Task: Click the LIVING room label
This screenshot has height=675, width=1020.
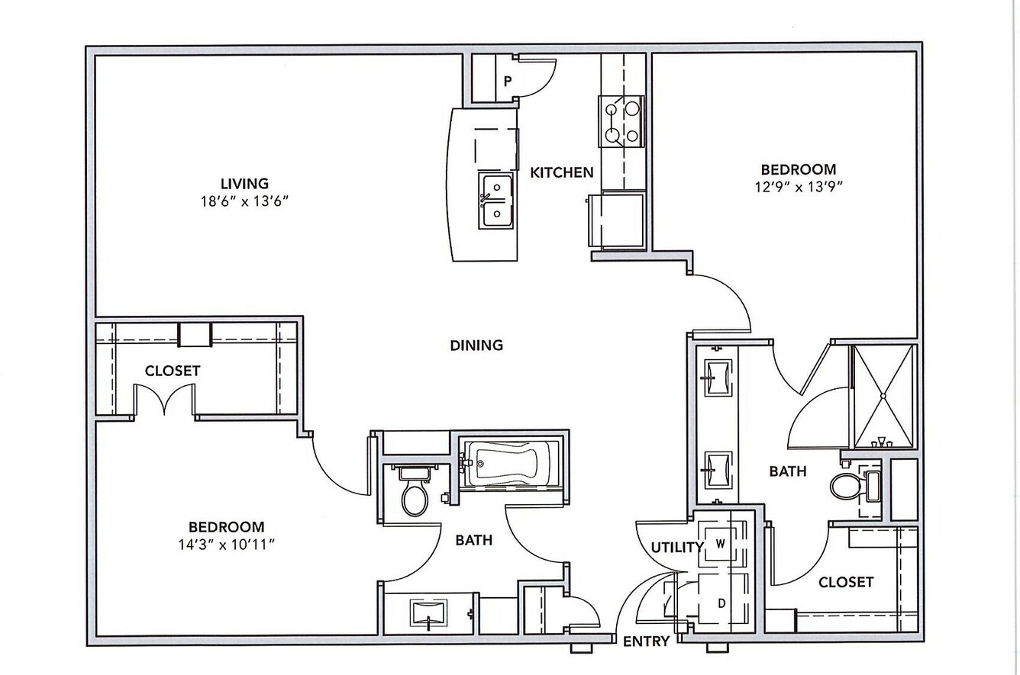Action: coord(244,184)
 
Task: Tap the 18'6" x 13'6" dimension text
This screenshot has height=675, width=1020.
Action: coord(245,201)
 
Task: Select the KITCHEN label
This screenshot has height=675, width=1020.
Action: coord(562,172)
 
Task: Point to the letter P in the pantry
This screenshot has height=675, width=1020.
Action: coord(508,82)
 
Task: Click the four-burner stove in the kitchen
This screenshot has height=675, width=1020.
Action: coord(621,121)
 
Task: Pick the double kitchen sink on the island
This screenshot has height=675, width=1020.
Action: coord(495,201)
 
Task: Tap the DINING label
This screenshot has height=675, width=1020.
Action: coord(476,346)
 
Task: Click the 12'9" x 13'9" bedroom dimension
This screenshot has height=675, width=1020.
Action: coord(799,187)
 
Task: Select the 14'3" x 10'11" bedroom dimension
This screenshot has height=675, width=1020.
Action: coord(227,545)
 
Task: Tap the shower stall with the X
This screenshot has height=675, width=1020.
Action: coord(883,397)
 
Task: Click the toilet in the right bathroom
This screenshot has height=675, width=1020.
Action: coord(855,486)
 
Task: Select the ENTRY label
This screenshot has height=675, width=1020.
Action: coord(646,641)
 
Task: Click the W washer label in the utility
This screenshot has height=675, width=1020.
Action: coord(721,544)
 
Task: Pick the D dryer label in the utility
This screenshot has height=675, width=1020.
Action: coord(721,603)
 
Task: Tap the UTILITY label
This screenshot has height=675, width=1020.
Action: coord(677,548)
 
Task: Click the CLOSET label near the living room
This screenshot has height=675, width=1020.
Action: coord(173,371)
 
